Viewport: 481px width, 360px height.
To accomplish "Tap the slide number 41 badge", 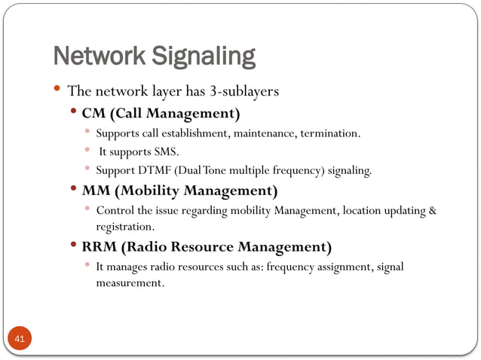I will (20, 339).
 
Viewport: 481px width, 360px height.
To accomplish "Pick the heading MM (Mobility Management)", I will (179, 190).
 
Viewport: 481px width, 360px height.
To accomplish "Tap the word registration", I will (124, 226).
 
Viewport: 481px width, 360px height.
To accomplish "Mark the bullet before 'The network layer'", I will (57, 90).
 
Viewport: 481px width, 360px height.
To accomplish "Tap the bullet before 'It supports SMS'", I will (87, 151).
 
